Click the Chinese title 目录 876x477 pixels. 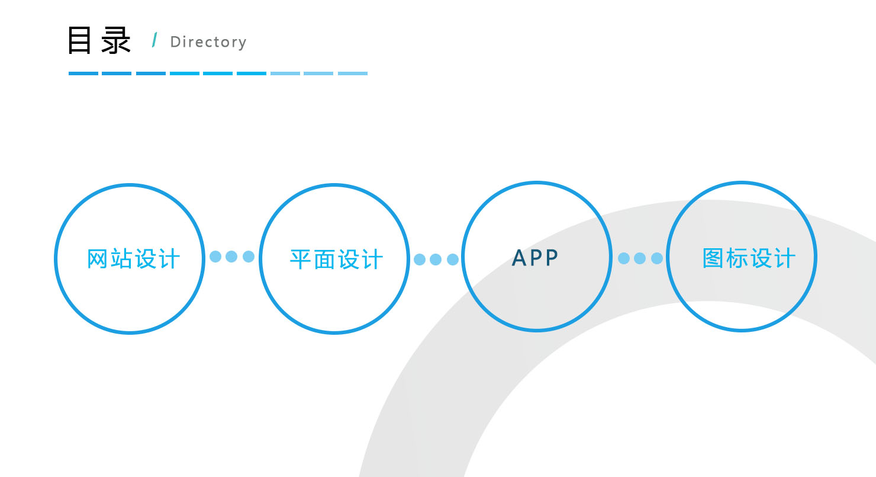tap(99, 40)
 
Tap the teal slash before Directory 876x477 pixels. tap(155, 40)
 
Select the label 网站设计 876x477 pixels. tap(133, 259)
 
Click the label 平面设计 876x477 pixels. tap(336, 260)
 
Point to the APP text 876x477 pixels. tap(535, 258)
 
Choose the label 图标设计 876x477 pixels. tap(749, 258)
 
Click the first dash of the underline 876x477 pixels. tap(83, 73)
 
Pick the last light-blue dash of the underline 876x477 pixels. tap(353, 73)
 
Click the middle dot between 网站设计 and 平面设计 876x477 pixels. tap(231, 257)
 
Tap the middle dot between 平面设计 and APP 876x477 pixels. tap(436, 260)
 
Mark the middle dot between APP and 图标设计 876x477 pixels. tap(640, 258)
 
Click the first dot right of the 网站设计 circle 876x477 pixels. tap(215, 257)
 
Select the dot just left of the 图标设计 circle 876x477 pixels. tap(657, 258)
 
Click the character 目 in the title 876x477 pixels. tap(79, 40)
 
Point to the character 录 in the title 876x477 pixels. tap(116, 40)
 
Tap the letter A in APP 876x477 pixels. tap(519, 258)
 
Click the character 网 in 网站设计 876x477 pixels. tap(97, 259)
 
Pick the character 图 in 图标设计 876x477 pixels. tap(713, 258)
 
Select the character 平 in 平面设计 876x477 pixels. tap(300, 260)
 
